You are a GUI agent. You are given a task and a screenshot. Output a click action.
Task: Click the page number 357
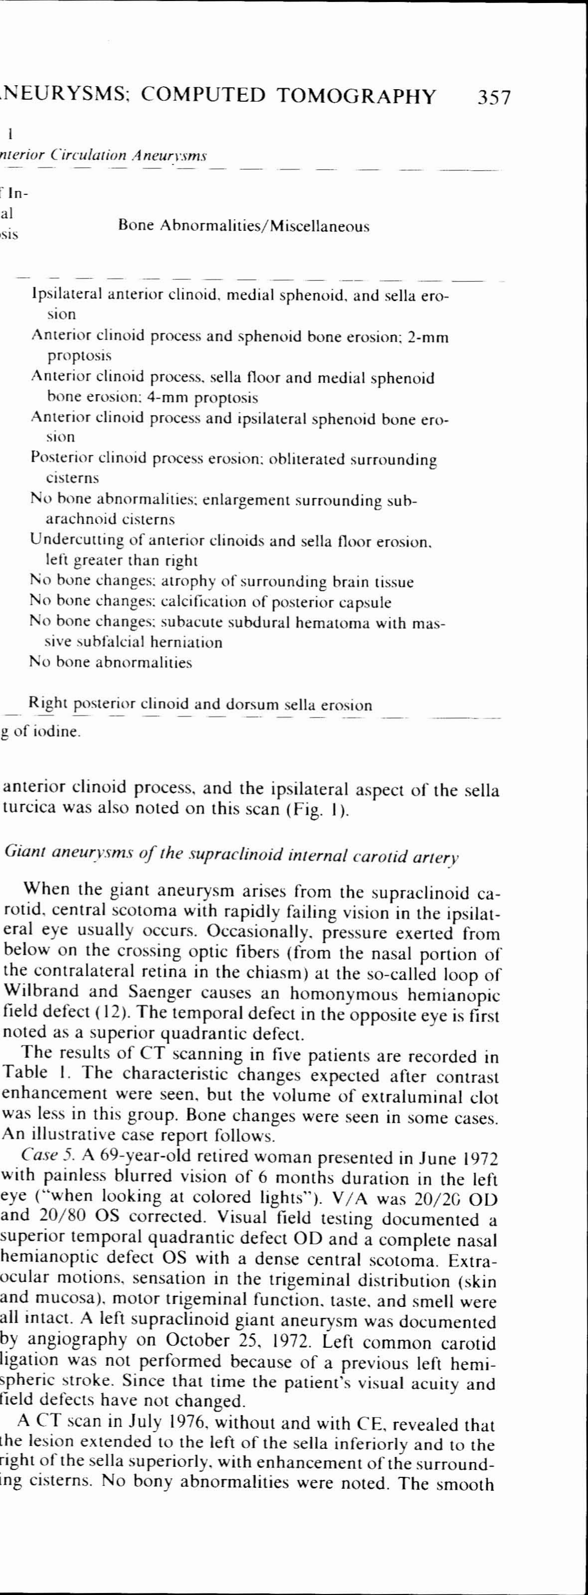tap(494, 97)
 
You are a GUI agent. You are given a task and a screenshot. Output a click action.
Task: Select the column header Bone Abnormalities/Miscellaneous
tap(243, 226)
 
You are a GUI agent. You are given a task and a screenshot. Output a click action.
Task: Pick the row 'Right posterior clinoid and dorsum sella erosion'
tap(200, 705)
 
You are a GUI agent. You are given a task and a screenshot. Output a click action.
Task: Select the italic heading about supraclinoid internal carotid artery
tap(231, 855)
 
